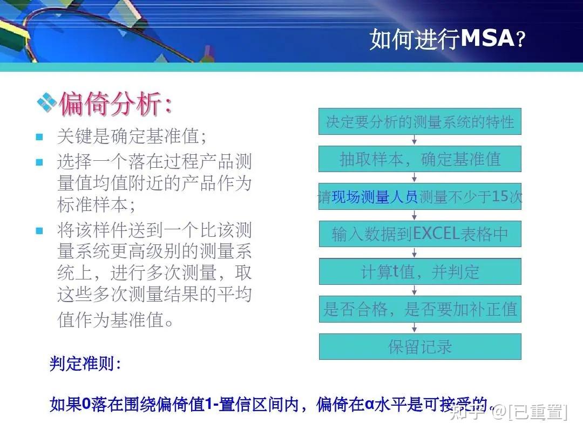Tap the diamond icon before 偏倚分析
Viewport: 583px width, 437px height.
[x=46, y=102]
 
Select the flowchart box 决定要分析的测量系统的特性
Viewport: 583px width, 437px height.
[x=420, y=121]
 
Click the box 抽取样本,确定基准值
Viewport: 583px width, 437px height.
[x=420, y=159]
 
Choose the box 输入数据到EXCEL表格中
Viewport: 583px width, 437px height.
[x=420, y=234]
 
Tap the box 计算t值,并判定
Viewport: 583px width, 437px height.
[x=420, y=271]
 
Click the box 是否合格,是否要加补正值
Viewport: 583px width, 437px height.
[x=420, y=309]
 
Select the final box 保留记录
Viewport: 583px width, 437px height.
[x=420, y=346]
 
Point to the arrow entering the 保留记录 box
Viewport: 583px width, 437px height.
[x=415, y=328]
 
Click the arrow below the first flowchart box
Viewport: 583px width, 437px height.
[x=415, y=140]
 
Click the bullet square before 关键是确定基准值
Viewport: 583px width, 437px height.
[x=39, y=137]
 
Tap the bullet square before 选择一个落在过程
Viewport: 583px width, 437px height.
[x=39, y=162]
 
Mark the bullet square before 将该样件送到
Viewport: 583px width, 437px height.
[x=39, y=231]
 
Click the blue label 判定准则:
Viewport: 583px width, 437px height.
[x=85, y=364]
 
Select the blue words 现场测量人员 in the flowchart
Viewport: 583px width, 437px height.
[x=375, y=197]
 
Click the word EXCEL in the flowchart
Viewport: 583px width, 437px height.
[x=436, y=234]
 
